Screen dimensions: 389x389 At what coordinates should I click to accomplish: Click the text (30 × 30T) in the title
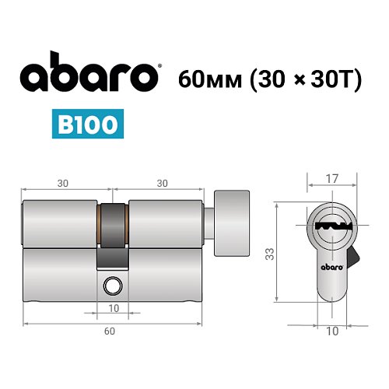pos(303,79)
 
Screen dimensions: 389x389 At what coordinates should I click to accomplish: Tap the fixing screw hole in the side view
pos(114,286)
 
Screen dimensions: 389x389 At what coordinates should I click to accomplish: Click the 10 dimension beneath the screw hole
pos(114,309)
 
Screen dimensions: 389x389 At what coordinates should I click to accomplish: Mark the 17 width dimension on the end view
pos(331,179)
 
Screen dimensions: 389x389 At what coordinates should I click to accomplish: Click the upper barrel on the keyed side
pos(61,222)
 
